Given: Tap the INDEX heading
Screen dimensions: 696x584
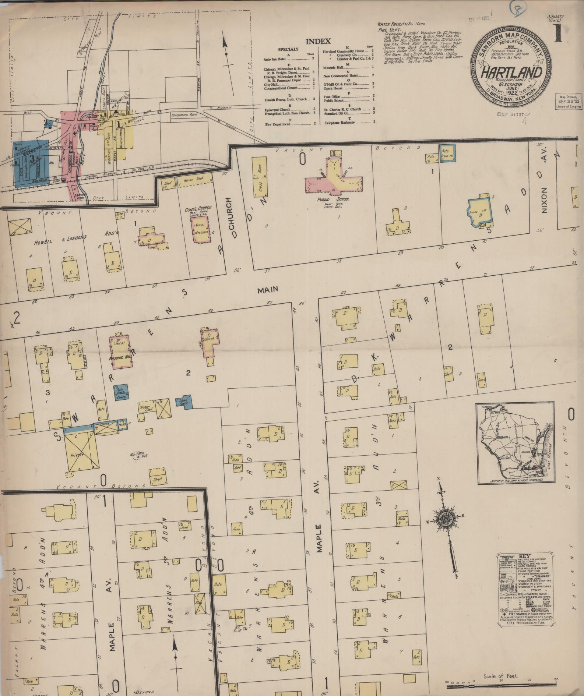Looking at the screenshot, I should coord(318,42).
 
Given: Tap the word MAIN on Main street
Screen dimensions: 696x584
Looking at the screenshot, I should coord(267,290).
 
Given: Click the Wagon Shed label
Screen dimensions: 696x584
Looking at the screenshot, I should coord(146,408).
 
